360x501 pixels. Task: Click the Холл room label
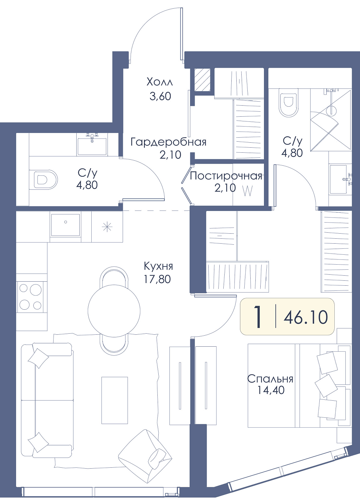(x=160, y=82)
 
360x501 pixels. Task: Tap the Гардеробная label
(x=168, y=142)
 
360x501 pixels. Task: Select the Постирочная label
(x=226, y=176)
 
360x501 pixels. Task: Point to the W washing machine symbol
(x=248, y=192)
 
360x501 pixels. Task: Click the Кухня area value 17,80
(x=157, y=279)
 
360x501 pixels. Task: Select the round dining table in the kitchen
(x=114, y=311)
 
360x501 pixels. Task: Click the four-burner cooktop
(x=30, y=297)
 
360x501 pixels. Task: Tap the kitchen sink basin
(x=66, y=225)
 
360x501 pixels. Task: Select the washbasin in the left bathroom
(x=92, y=144)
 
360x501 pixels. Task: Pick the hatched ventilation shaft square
(x=202, y=80)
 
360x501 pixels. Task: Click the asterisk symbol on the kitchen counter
(x=107, y=227)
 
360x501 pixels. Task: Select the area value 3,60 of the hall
(x=160, y=96)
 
